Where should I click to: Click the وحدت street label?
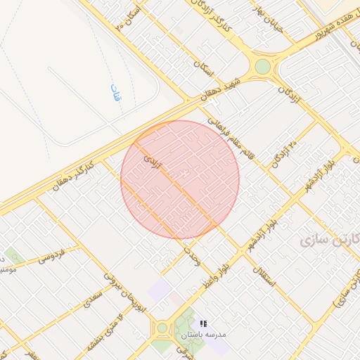point(193,254)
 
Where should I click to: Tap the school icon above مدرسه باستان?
point(203,323)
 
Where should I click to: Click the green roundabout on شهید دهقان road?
point(262,66)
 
